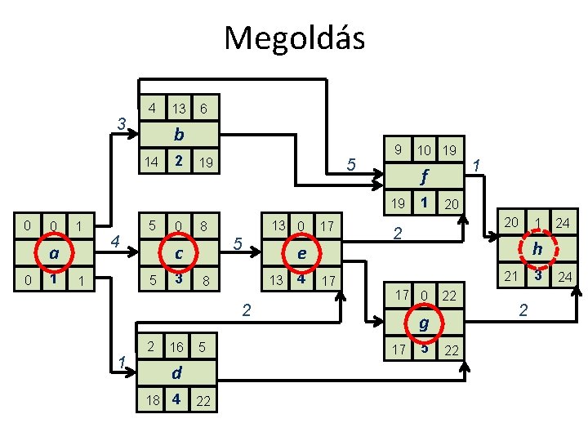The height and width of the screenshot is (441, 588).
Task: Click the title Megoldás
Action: pyautogui.click(x=294, y=38)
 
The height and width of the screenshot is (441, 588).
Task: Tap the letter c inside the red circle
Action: pyautogui.click(x=178, y=253)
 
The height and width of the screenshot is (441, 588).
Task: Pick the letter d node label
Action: pyautogui.click(x=176, y=372)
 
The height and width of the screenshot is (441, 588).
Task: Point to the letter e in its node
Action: pyautogui.click(x=302, y=253)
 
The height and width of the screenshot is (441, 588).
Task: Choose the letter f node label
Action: pyautogui.click(x=425, y=175)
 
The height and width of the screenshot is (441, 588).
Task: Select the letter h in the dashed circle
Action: pyautogui.click(x=538, y=249)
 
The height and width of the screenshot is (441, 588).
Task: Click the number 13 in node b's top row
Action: pyautogui.click(x=178, y=109)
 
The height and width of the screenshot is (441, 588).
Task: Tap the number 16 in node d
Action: pyautogui.click(x=176, y=347)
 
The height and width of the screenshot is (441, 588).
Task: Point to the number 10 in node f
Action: pyautogui.click(x=424, y=151)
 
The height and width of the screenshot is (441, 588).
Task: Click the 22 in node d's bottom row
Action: pyautogui.click(x=204, y=400)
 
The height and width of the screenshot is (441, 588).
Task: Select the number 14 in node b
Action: pyautogui.click(x=151, y=163)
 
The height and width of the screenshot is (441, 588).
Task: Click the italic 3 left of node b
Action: pyautogui.click(x=120, y=125)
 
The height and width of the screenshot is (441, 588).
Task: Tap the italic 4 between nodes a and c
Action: pyautogui.click(x=115, y=242)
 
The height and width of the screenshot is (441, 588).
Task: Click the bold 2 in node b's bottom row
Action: pyautogui.click(x=177, y=162)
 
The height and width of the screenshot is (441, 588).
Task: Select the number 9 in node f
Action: pyautogui.click(x=398, y=150)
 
